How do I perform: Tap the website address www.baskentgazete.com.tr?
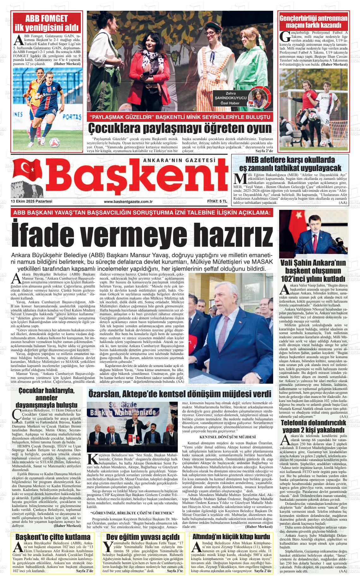click(128, 202)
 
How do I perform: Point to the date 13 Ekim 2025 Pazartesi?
click(32, 202)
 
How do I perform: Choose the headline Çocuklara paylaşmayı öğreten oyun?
click(180, 128)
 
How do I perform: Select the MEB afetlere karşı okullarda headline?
click(290, 163)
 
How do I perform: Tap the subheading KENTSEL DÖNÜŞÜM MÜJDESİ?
click(227, 437)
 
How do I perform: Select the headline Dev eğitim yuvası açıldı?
click(143, 537)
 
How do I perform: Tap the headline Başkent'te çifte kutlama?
click(53, 537)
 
